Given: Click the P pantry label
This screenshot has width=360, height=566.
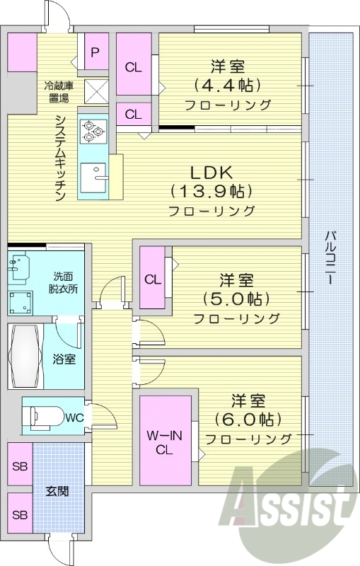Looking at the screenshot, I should click(95, 52).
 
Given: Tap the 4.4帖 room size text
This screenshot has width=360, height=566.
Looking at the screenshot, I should click(227, 86).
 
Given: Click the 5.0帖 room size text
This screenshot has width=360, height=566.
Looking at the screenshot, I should click(236, 298).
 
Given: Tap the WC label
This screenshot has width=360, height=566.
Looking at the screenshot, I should click(74, 417).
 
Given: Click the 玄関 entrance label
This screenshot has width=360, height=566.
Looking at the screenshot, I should click(57, 491).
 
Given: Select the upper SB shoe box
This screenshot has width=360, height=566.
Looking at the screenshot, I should click(19, 467).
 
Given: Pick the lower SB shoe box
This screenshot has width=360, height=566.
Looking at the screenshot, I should click(19, 514).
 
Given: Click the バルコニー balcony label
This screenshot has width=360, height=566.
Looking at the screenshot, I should click(330, 258).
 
